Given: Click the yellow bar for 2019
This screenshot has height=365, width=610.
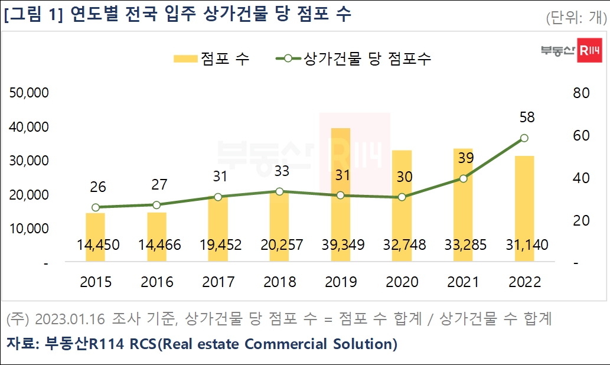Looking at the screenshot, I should tap(340, 195).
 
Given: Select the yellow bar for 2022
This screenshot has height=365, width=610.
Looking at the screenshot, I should tap(524, 209).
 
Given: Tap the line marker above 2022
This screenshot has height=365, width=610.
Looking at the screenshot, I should tap(524, 138).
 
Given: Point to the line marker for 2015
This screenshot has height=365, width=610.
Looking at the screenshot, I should tap(95, 207).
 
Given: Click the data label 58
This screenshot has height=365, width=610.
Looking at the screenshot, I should tap(527, 118).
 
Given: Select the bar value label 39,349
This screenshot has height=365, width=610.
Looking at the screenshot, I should tap(340, 245).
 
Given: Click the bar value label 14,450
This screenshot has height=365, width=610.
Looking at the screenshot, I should tap(95, 245).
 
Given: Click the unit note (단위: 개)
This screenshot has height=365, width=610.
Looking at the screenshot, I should tap(575, 18).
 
